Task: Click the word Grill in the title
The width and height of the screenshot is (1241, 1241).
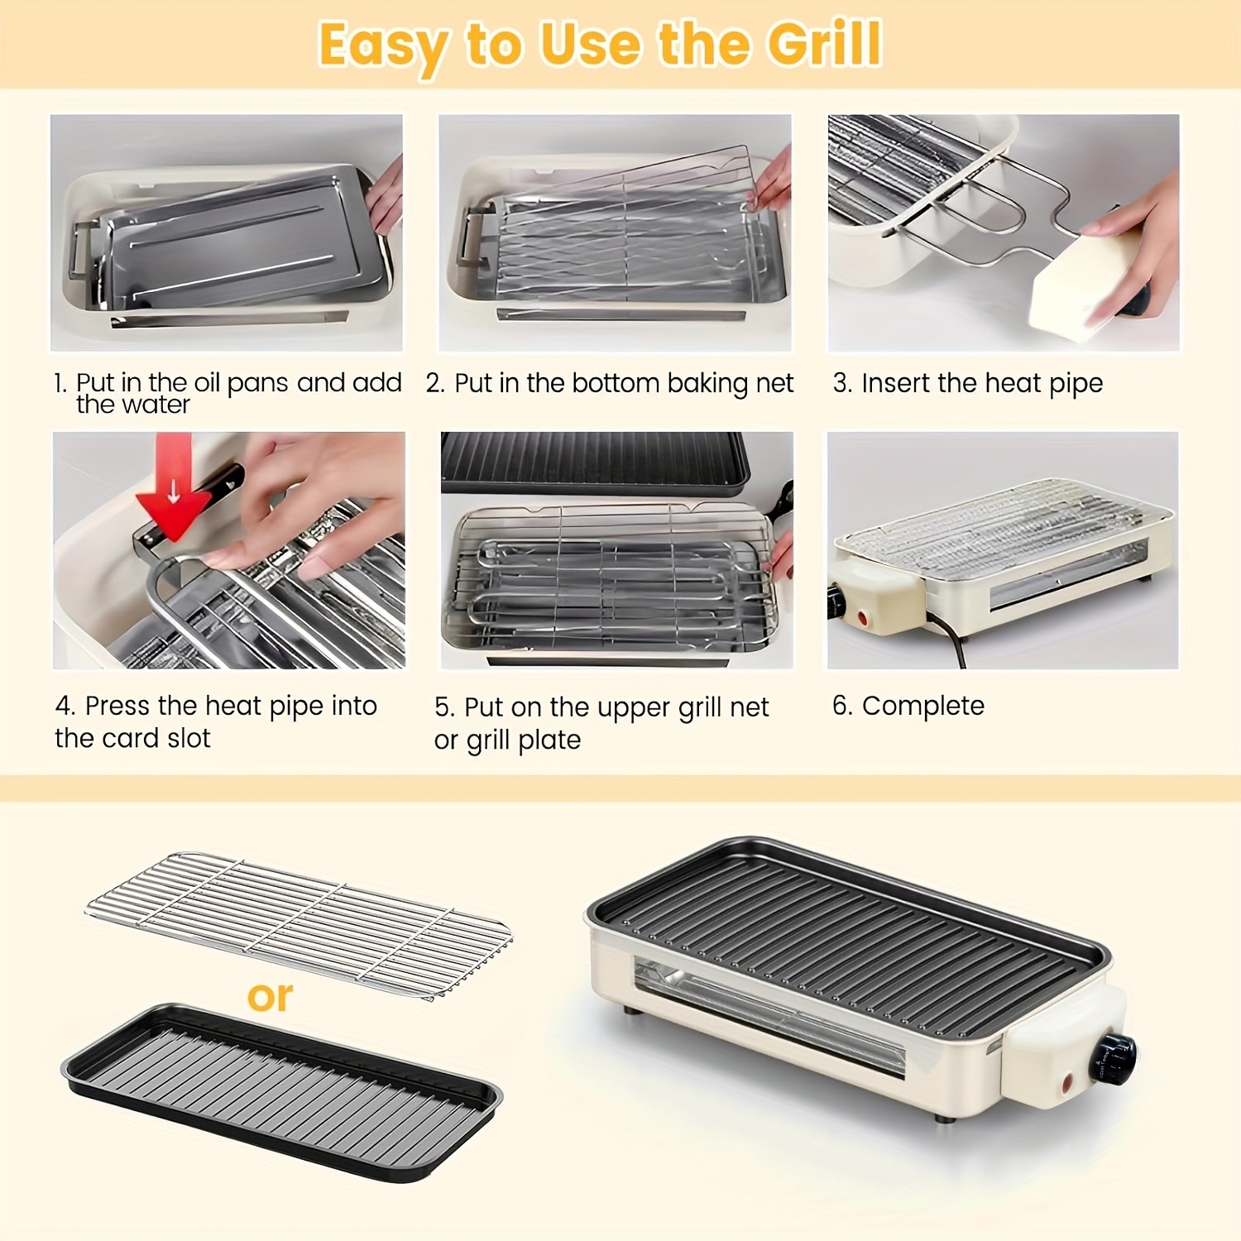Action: tap(824, 44)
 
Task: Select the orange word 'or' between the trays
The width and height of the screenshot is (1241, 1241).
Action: tap(270, 997)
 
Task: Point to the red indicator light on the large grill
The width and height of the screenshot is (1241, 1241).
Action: tap(1067, 1081)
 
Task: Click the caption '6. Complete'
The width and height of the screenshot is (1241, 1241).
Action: tap(908, 706)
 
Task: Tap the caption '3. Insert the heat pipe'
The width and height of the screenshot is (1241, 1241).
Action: tap(968, 383)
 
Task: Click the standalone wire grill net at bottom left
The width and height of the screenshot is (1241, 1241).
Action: tap(299, 924)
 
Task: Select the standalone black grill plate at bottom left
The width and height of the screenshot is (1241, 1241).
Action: tap(281, 1092)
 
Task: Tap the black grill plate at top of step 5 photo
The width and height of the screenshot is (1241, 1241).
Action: tap(596, 463)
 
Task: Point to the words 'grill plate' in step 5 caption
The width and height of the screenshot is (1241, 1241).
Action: tap(524, 740)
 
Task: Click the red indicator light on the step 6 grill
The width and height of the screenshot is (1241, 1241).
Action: tap(863, 617)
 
